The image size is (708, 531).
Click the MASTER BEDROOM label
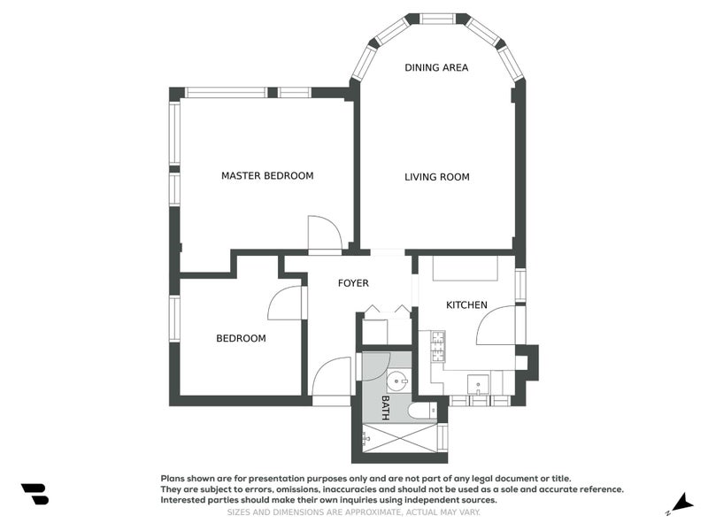267,176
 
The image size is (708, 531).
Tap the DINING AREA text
436,67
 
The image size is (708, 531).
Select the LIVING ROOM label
437,177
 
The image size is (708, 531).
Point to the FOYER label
353,283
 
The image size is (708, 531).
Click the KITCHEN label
466,305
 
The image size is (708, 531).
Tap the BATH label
386,407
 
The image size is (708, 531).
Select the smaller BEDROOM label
241,338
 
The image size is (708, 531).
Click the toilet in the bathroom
422,411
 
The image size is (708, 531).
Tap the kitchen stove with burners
436,347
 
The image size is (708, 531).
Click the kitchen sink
479,387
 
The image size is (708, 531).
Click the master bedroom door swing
324,234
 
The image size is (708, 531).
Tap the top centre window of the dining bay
437,19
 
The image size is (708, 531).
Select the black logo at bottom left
35,494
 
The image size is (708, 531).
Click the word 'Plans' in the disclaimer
174,477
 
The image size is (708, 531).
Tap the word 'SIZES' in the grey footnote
242,512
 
